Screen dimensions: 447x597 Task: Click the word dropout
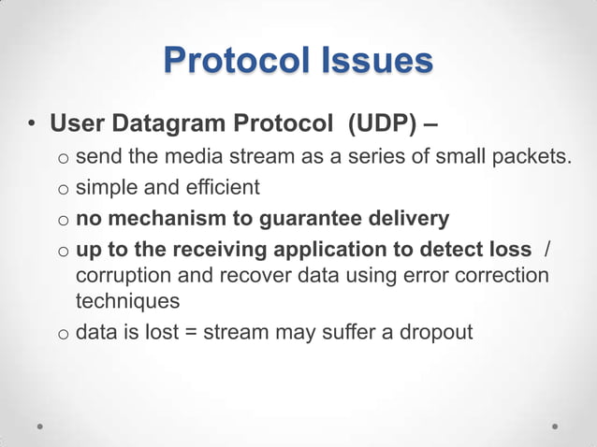[x=436, y=333]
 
